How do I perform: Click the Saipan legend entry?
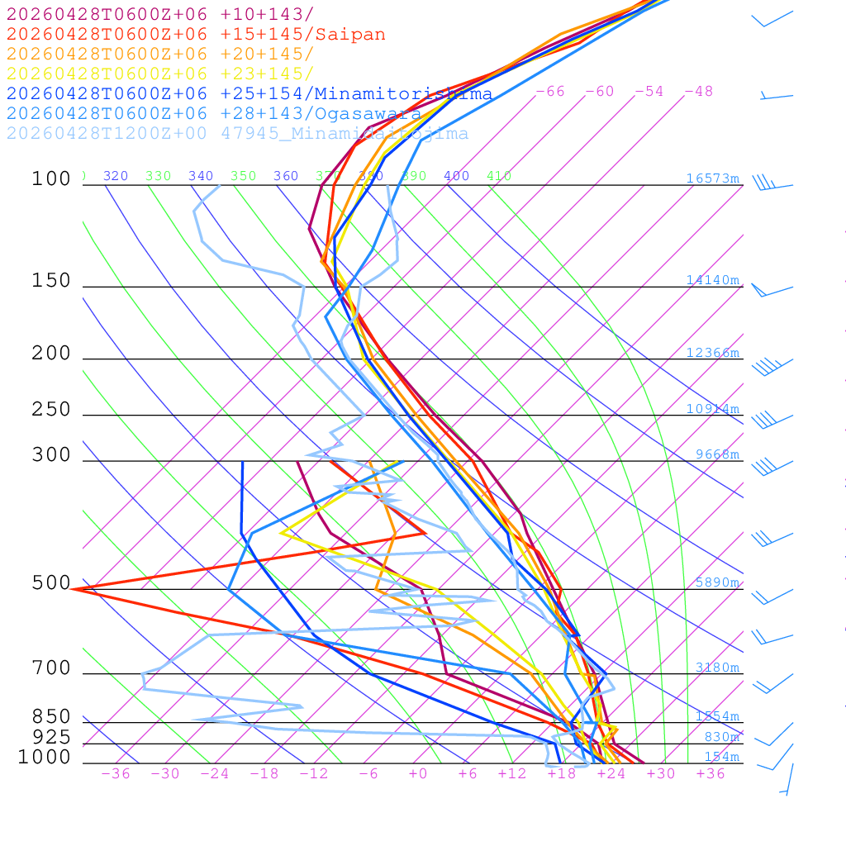point(196,35)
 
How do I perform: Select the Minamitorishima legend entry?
point(250,93)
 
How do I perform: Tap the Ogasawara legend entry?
point(213,114)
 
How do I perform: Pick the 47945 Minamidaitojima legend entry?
point(237,134)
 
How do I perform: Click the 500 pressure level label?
point(51,583)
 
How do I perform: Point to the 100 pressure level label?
point(51,179)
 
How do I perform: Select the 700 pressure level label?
point(51,668)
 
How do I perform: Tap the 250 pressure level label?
point(51,410)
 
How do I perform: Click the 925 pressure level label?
point(51,737)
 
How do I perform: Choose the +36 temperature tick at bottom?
point(711,774)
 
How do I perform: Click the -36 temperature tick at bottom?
point(116,774)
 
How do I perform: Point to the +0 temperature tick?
point(418,774)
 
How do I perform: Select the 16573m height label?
point(713,178)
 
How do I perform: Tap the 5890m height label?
point(717,582)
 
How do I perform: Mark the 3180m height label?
point(717,668)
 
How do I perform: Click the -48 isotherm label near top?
point(699,92)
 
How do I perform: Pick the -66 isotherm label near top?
point(550,92)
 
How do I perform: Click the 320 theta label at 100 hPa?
point(116,176)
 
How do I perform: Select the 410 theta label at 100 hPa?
point(499,176)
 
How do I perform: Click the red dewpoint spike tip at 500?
point(73,589)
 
